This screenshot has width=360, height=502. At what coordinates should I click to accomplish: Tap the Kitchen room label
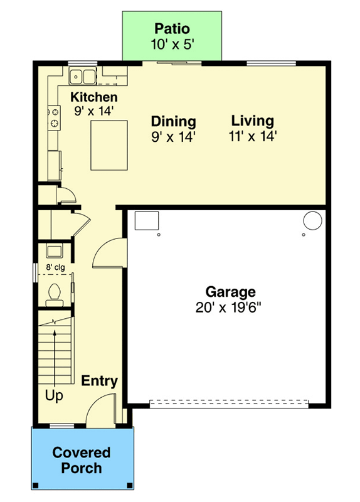coord(93,97)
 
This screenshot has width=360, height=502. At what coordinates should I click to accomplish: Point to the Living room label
coord(252,120)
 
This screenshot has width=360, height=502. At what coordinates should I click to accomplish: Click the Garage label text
coord(230,292)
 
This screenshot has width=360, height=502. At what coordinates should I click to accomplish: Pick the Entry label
coord(100,381)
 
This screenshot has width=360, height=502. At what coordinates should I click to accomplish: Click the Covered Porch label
coord(82,460)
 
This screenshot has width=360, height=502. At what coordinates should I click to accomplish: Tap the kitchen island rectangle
coord(109,145)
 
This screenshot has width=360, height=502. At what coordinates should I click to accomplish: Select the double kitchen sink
coord(82,77)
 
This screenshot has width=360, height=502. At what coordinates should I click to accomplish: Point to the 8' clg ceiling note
coord(55,267)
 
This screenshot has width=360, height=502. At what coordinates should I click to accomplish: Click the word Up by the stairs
coord(54,396)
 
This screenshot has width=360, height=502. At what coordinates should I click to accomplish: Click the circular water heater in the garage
coord(312,220)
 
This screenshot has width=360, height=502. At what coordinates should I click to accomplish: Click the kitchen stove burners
coord(55,117)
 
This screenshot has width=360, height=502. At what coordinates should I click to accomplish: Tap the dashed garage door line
coord(229,403)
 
